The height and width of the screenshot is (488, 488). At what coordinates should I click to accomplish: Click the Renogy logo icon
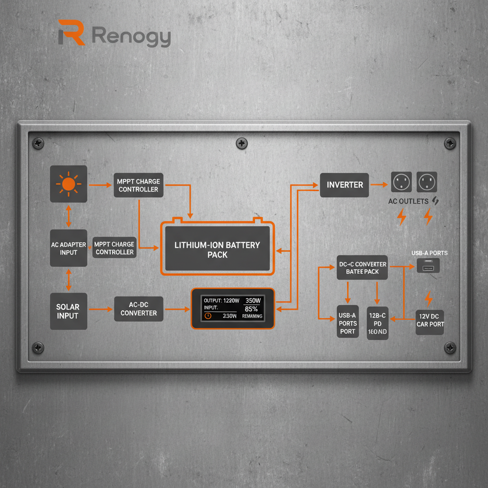71,33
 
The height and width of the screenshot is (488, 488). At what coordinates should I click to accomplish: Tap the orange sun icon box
69,184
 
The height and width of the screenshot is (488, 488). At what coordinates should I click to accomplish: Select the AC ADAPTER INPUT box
69,248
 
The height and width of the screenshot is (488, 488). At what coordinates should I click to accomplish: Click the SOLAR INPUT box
69,311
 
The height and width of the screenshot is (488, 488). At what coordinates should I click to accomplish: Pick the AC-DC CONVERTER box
139,309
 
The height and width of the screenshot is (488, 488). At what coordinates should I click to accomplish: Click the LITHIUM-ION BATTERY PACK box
217,250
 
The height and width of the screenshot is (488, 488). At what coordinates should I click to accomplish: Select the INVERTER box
345,185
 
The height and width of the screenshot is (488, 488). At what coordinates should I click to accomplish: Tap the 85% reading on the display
251,309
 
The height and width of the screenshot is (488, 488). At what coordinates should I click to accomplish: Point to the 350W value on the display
253,301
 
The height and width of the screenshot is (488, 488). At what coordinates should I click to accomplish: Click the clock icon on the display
208,315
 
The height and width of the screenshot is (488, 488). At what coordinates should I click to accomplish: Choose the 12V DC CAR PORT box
430,321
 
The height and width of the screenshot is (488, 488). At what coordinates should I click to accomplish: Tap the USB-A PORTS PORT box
348,322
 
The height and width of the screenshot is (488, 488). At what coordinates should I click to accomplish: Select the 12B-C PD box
377,323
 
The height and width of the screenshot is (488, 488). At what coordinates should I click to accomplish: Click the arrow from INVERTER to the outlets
379,184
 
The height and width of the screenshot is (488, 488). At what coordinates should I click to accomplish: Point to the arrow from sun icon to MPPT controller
100,183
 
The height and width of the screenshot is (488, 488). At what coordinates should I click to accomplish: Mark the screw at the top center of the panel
242,142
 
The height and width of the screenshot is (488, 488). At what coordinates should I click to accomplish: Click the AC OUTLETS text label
408,201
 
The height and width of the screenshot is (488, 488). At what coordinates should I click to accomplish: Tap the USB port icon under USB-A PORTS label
428,266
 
